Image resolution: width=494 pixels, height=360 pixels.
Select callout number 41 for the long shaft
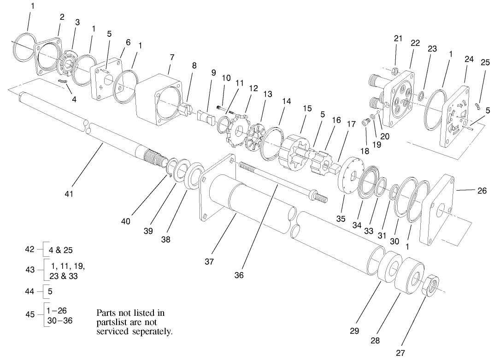tap(69, 194)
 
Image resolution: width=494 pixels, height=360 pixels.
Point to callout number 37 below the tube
tap(210, 261)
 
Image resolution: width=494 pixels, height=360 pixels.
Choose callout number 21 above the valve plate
tap(398, 39)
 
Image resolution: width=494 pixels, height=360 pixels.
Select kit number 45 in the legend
tap(30, 314)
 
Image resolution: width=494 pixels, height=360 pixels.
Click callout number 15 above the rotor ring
tap(307, 109)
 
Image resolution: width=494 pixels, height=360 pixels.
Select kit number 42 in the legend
tap(29, 249)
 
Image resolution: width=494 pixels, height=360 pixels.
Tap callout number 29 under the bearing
tap(354, 331)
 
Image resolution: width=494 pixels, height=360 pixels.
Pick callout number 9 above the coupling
tap(213, 72)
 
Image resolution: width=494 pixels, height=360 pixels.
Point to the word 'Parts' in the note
tap(108, 313)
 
